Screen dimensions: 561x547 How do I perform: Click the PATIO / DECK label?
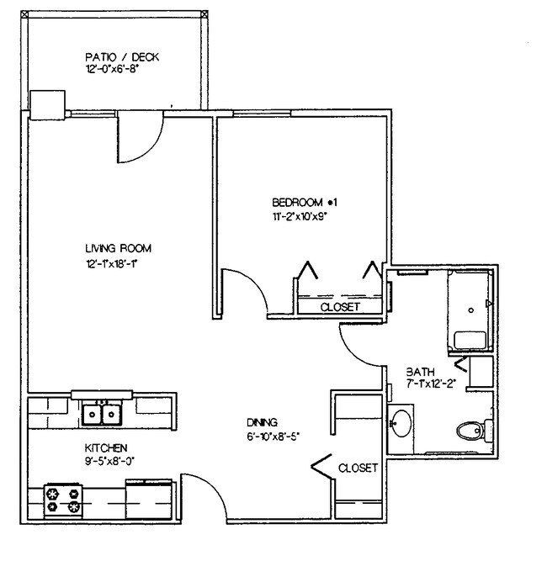[122, 57]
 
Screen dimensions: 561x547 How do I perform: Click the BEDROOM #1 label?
[304, 202]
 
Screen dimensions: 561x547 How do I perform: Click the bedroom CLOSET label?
[340, 307]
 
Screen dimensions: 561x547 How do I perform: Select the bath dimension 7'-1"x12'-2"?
[431, 384]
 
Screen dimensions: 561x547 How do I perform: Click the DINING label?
[263, 422]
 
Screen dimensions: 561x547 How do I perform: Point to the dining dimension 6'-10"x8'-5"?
[273, 437]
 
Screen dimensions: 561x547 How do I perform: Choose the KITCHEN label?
[105, 448]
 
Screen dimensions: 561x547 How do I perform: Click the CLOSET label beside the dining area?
[358, 467]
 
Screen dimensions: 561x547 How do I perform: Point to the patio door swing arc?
[139, 139]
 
